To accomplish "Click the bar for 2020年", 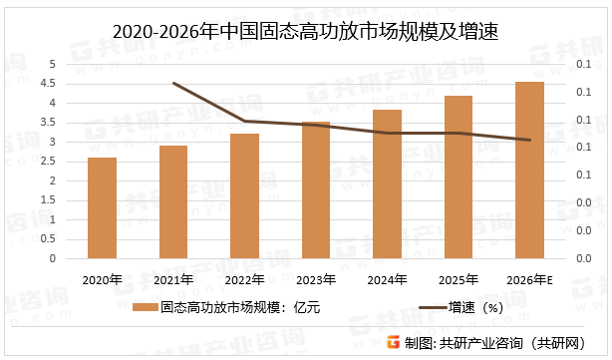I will pyautogui.click(x=102, y=208).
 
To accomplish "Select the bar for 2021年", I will pyautogui.click(x=173, y=202).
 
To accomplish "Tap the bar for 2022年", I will pyautogui.click(x=245, y=196).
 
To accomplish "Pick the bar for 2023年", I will pyautogui.click(x=316, y=190).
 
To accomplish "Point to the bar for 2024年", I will pyautogui.click(x=387, y=184).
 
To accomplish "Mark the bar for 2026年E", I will pyautogui.click(x=530, y=171).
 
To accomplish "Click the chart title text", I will pyautogui.click(x=306, y=33).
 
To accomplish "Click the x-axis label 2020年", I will pyautogui.click(x=102, y=279).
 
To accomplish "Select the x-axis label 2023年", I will pyautogui.click(x=316, y=279).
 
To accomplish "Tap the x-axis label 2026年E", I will pyautogui.click(x=530, y=279).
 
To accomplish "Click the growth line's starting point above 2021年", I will pyautogui.click(x=173, y=83).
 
